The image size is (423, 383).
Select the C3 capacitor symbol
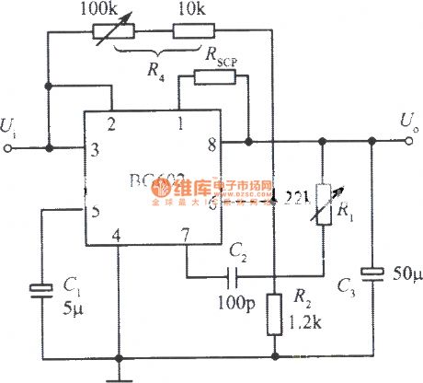[x=372, y=273]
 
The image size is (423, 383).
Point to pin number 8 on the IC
[x=210, y=143]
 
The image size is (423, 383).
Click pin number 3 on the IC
[x=95, y=148]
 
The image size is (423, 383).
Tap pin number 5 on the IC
[x=95, y=211]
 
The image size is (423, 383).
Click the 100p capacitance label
[x=234, y=299]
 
